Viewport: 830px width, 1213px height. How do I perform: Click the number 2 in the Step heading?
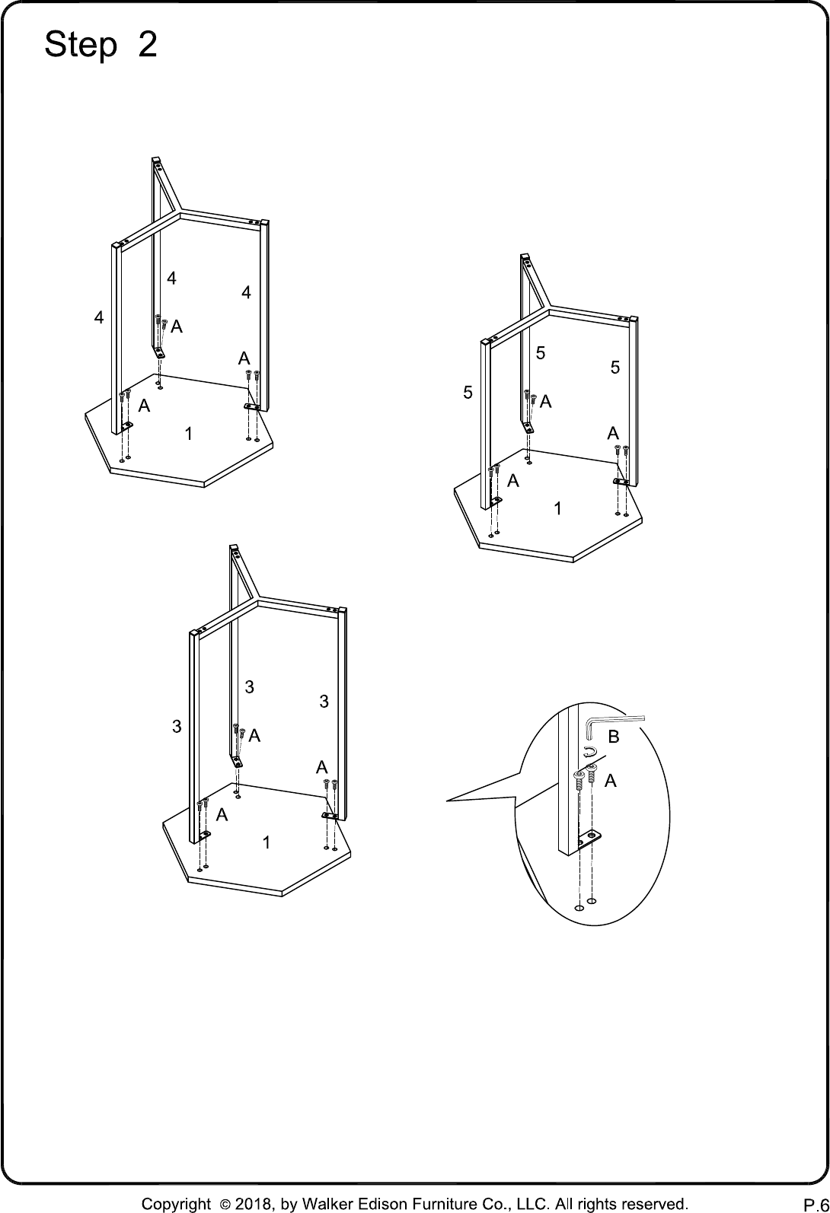[x=148, y=44]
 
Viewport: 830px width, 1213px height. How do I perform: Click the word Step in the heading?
[x=81, y=45]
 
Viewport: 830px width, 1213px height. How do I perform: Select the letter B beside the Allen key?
[x=614, y=737]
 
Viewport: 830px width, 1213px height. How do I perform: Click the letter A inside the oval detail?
[x=611, y=781]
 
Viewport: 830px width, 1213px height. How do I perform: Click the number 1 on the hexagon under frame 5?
[x=557, y=508]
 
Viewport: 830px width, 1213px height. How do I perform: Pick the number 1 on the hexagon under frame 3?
[x=266, y=842]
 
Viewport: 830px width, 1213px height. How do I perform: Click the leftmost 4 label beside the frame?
[x=98, y=317]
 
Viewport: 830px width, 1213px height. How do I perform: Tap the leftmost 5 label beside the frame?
[x=468, y=393]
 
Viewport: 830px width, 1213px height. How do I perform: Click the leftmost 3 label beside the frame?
[x=177, y=727]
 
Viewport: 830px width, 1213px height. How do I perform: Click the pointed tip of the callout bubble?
[x=447, y=801]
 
